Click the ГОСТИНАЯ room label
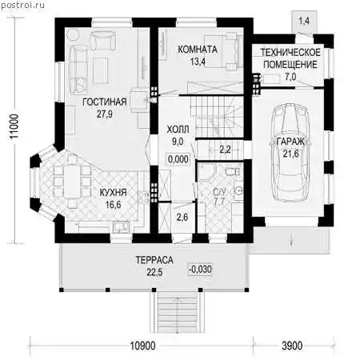(105, 102)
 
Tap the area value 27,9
(105, 114)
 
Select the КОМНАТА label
(198, 50)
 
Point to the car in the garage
(290, 152)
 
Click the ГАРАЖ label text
(290, 142)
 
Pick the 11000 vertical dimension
(14, 126)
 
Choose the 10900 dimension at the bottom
(142, 346)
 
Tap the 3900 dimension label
(292, 346)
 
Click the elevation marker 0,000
(178, 159)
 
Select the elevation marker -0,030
(200, 269)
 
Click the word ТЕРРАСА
(154, 260)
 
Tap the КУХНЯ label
(113, 193)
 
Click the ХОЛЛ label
(178, 130)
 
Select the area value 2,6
(182, 218)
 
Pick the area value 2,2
(225, 150)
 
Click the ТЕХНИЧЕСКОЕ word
(290, 53)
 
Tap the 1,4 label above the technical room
(304, 21)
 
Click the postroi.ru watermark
(22, 5)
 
